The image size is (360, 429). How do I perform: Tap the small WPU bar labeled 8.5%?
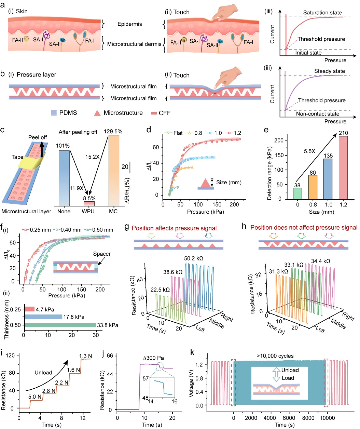pyautogui.click(x=89, y=203)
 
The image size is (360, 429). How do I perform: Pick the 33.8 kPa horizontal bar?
pyautogui.click(x=60, y=325)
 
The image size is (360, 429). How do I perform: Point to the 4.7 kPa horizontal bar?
pyautogui.click(x=29, y=309)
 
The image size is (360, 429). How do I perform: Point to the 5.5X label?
pyautogui.click(x=309, y=151)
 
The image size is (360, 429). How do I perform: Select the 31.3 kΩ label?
pyautogui.click(x=278, y=271)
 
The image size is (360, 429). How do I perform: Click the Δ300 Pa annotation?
pyautogui.click(x=153, y=358)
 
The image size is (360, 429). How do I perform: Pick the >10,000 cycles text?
pyautogui.click(x=275, y=356)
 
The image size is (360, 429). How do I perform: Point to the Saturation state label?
pyautogui.click(x=322, y=13)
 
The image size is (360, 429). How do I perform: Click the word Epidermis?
pyautogui.click(x=129, y=24)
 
